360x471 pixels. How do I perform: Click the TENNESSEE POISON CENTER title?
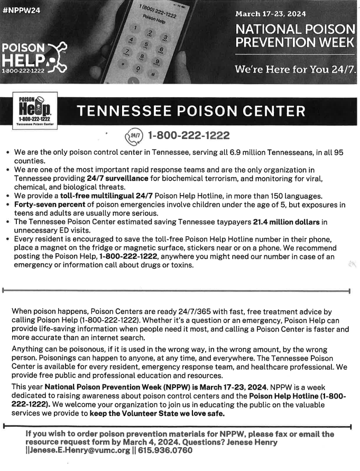(x=191, y=112)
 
